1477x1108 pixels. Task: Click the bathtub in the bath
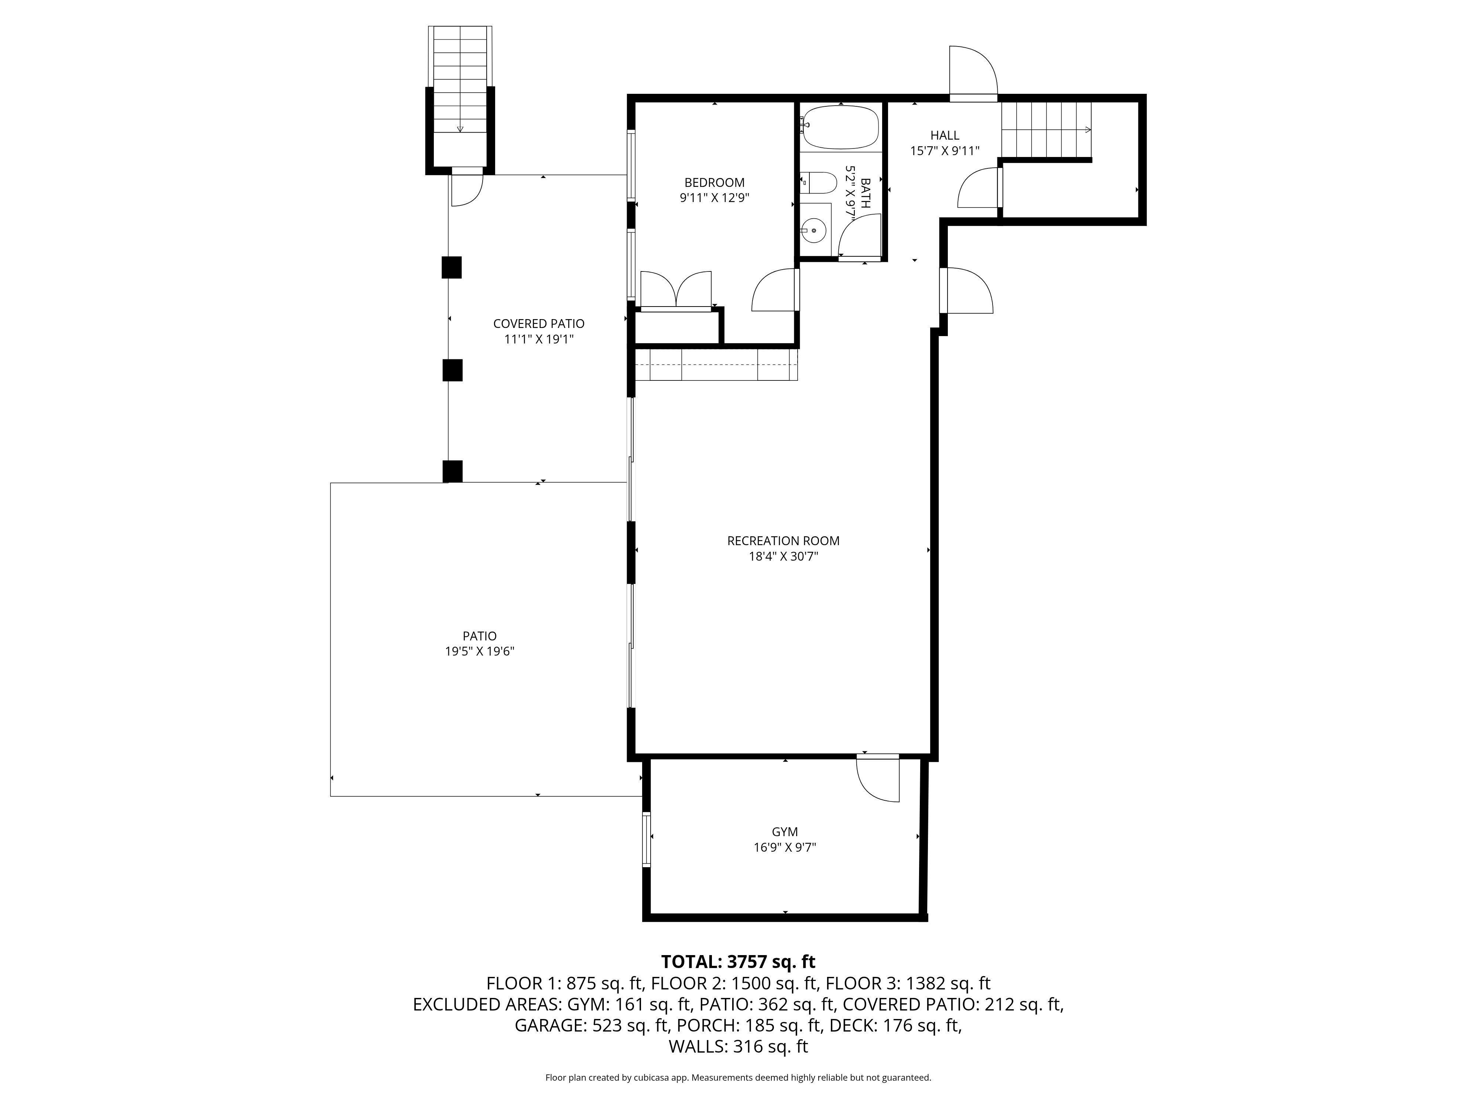841,127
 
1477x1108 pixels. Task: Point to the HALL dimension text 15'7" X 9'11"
945,151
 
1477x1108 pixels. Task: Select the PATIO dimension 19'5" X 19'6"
479,651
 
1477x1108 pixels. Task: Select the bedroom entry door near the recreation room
775,289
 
